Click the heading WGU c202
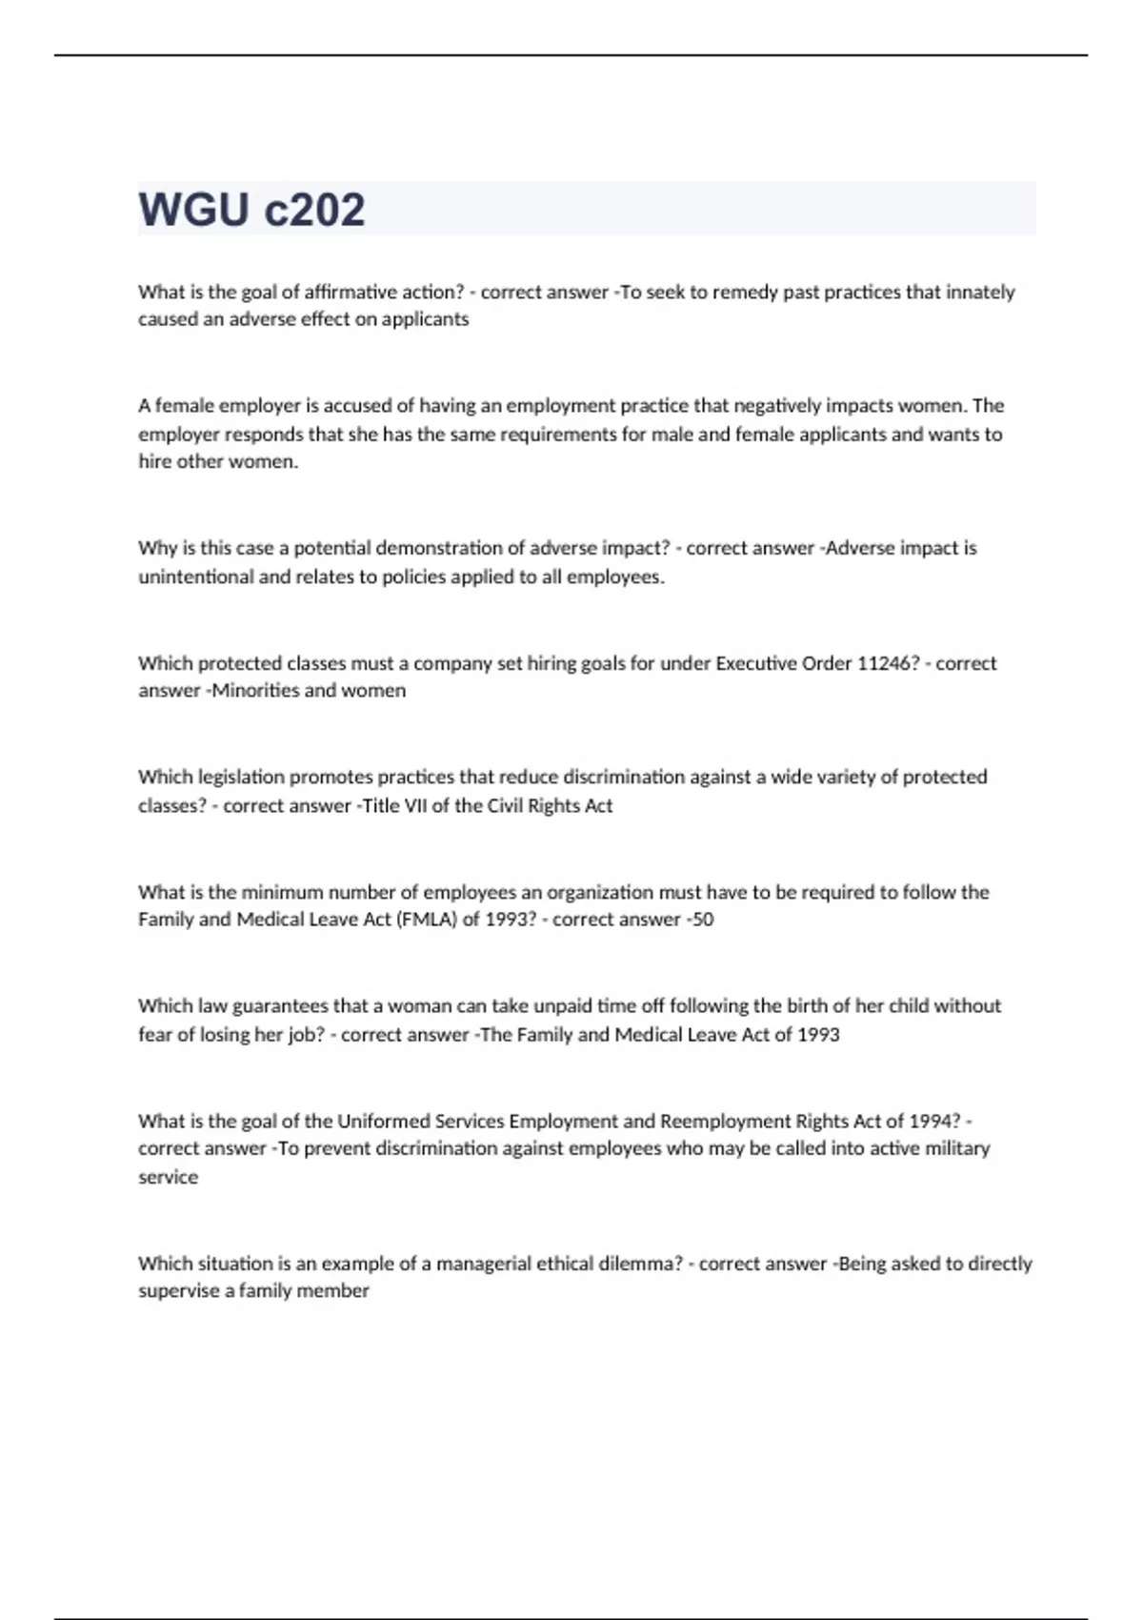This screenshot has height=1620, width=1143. click(x=251, y=210)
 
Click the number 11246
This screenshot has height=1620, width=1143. click(x=888, y=663)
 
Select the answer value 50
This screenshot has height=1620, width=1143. click(x=703, y=920)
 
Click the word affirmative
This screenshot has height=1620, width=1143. click(x=368, y=292)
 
